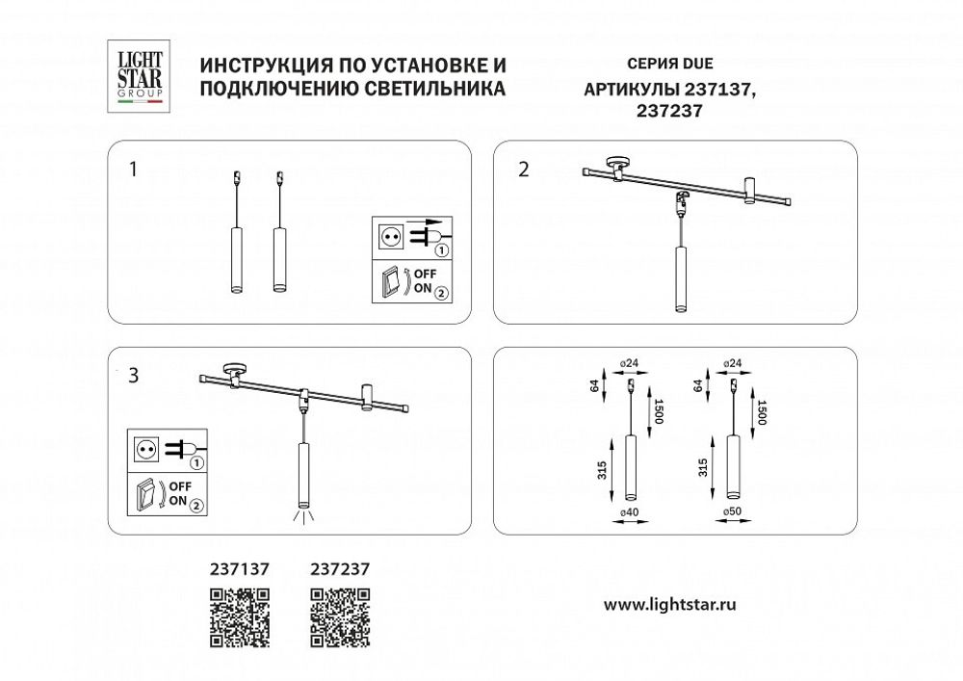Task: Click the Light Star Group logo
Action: pyautogui.click(x=135, y=77)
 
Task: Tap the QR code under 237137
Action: pyautogui.click(x=239, y=617)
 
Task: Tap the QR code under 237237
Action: pyautogui.click(x=340, y=617)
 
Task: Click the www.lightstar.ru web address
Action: pyautogui.click(x=669, y=605)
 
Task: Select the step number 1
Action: pyautogui.click(x=133, y=170)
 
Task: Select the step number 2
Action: pyautogui.click(x=523, y=170)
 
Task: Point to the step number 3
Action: pyautogui.click(x=133, y=376)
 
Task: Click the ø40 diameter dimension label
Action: pyautogui.click(x=631, y=511)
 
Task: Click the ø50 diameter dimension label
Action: pyautogui.click(x=732, y=511)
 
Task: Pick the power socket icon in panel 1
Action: pyautogui.click(x=392, y=235)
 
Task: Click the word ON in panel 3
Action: pyautogui.click(x=178, y=502)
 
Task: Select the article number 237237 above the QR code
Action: pyautogui.click(x=341, y=569)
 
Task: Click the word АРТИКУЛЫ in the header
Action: pyautogui.click(x=632, y=90)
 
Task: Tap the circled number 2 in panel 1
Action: pyautogui.click(x=441, y=292)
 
